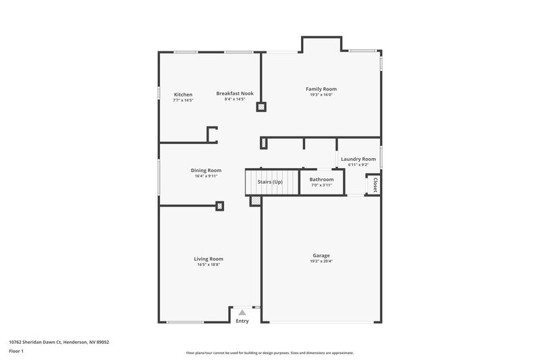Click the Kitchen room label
(183, 95)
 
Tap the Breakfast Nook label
(235, 93)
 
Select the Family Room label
(321, 89)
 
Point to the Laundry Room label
(358, 159)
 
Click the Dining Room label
(206, 170)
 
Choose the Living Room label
(209, 259)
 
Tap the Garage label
(321, 255)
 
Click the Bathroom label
(321, 180)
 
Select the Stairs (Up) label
(270, 182)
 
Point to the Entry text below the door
(242, 321)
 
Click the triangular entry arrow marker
(242, 312)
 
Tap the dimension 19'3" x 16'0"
(321, 95)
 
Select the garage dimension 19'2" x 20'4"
(321, 261)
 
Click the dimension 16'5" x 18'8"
(209, 265)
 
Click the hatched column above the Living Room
(219, 206)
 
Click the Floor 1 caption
(17, 352)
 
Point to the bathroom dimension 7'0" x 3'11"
(321, 185)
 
